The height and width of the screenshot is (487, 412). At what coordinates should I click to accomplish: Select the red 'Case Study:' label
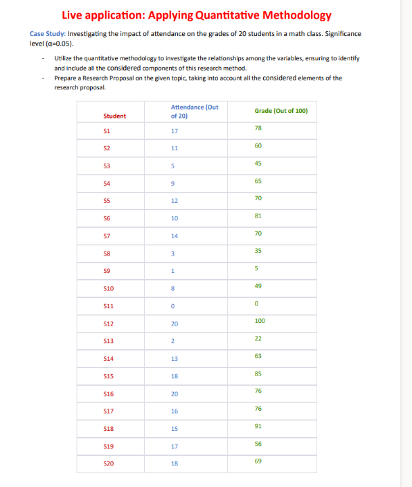point(48,34)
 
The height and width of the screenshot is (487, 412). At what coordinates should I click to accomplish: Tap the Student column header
point(114,116)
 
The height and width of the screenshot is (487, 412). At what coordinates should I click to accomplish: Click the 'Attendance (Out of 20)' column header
point(194,112)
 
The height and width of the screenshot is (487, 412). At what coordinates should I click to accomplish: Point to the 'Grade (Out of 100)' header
point(281,111)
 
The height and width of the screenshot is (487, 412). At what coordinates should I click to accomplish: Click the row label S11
point(109,306)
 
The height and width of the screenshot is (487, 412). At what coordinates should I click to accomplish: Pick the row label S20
point(109,463)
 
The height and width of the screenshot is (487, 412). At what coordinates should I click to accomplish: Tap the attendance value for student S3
point(174,166)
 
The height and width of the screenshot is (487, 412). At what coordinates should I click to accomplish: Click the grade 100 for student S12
point(260,321)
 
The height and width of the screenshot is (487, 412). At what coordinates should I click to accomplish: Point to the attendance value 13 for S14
point(174,358)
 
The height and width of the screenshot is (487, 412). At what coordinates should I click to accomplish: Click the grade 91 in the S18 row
point(258,426)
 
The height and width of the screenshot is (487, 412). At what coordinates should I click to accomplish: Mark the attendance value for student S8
point(173,254)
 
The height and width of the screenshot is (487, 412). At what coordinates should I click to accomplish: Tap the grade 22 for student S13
point(258,338)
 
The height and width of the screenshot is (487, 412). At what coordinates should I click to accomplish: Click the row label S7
point(107,236)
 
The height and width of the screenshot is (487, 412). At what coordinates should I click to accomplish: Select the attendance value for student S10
point(173,288)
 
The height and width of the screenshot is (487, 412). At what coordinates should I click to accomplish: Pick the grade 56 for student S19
point(258,443)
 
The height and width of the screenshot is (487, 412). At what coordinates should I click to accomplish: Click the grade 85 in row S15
point(258,373)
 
